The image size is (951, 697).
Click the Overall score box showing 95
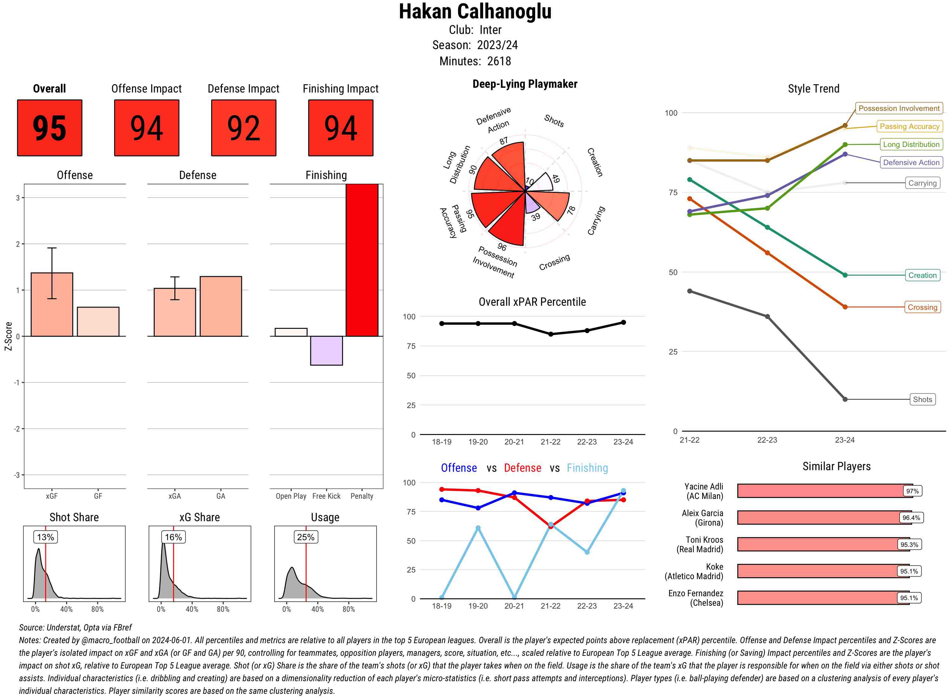[x=49, y=128]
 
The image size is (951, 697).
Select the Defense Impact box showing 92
[x=243, y=128]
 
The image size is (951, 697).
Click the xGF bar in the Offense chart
[x=52, y=305]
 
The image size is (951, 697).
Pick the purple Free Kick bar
[x=326, y=351]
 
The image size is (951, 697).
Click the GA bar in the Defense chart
[x=221, y=306]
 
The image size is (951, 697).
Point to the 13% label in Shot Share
[x=46, y=537]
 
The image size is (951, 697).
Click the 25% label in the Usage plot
[x=306, y=537]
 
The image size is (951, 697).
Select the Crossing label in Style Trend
[x=922, y=307]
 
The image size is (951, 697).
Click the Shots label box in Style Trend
[x=922, y=400]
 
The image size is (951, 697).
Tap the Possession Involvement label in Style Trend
[x=899, y=108]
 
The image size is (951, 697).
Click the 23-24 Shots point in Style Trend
[x=845, y=399]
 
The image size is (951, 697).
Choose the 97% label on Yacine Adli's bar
[x=912, y=491]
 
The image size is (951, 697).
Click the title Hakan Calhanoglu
[x=475, y=12]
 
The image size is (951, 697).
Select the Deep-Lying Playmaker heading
[x=525, y=84]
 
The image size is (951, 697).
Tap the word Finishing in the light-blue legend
[x=587, y=468]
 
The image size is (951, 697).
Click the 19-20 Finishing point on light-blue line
[x=478, y=528]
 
